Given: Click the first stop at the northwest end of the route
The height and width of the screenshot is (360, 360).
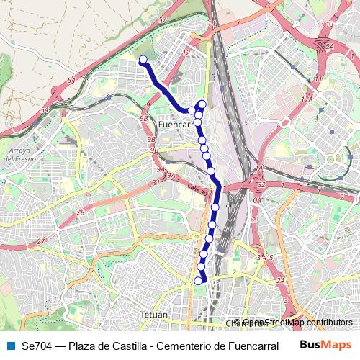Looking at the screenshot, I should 143,60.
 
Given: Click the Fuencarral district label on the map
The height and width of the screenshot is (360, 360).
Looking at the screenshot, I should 176,124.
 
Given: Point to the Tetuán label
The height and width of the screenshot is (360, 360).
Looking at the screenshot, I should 153,315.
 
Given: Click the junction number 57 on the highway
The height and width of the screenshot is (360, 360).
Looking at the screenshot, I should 163,19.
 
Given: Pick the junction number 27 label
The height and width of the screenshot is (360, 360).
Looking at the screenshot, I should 40,240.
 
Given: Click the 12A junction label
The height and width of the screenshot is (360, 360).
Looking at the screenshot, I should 307,99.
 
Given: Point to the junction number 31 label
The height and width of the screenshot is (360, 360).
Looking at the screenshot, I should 156,182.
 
